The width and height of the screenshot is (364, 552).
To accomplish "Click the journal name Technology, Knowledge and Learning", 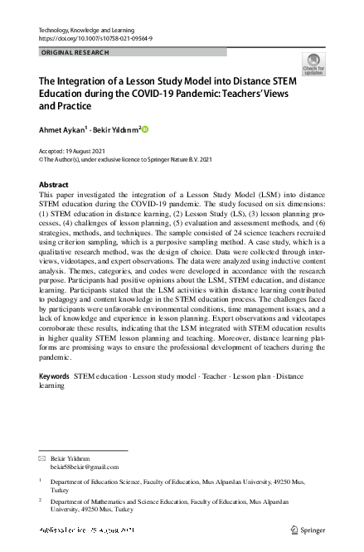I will pos(82,30).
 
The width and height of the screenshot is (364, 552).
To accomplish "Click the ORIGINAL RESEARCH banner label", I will pos(74,52).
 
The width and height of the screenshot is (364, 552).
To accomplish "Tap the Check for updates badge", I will pos(314,65).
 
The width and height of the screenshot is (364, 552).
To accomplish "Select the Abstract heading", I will pos(54,184).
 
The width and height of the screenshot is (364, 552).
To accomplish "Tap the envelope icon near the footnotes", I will pos(43,458).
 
